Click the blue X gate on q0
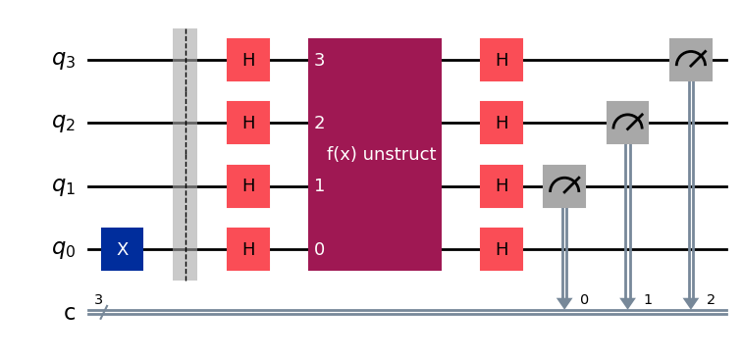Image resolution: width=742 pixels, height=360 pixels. point(122,249)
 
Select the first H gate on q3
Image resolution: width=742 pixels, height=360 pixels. point(248,60)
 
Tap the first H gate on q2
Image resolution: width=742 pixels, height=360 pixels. point(248,123)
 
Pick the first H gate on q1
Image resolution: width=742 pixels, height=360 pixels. point(248,186)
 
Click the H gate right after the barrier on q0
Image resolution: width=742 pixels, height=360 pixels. point(248,249)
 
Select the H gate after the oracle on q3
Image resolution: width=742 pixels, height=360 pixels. point(502,60)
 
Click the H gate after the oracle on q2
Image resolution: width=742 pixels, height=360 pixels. point(502,123)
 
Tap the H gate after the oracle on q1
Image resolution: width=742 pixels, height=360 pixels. point(502,186)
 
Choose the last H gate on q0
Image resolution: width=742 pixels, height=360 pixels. point(502,249)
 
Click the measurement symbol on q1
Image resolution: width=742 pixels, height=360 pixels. point(564,186)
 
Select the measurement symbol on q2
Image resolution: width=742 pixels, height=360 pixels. point(627,123)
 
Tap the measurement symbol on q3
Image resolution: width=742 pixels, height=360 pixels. point(691,60)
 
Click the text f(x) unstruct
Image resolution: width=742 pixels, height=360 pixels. point(381,155)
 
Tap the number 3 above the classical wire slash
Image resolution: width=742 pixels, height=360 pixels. point(98,298)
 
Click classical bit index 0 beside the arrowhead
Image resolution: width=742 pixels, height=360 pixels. point(584,298)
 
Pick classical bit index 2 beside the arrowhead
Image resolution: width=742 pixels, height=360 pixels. point(711,298)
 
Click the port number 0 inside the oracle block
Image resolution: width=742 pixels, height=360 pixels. point(319,249)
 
